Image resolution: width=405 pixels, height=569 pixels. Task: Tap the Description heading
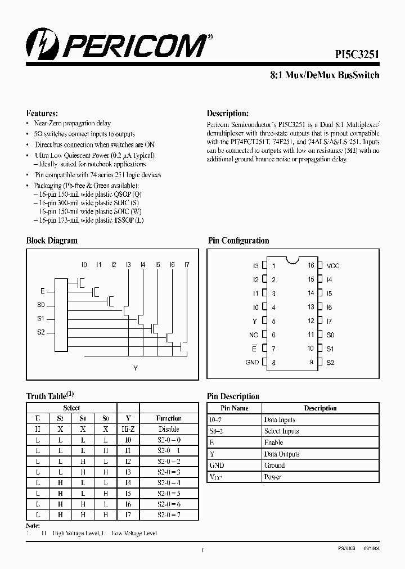(x=227, y=112)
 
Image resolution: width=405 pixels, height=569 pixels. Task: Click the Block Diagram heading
(x=52, y=241)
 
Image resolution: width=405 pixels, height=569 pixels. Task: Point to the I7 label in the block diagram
(x=187, y=264)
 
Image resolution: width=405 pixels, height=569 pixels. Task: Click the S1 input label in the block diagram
(x=40, y=319)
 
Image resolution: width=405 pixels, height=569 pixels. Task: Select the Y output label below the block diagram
(x=135, y=368)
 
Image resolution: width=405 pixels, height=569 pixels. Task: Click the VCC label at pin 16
(x=333, y=265)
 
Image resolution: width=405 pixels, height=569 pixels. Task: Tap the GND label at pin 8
(x=252, y=363)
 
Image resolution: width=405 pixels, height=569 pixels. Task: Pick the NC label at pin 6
(x=254, y=335)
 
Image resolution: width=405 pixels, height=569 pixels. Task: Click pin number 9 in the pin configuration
(x=311, y=363)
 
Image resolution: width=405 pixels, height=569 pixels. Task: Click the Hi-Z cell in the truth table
(x=128, y=429)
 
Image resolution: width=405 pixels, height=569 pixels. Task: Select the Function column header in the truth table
(x=169, y=418)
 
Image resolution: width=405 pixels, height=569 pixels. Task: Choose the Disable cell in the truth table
(x=169, y=429)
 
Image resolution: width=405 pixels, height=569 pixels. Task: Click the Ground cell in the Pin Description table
(x=274, y=466)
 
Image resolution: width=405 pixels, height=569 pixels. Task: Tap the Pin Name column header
(x=235, y=408)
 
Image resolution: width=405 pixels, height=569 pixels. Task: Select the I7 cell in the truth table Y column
(x=128, y=514)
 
